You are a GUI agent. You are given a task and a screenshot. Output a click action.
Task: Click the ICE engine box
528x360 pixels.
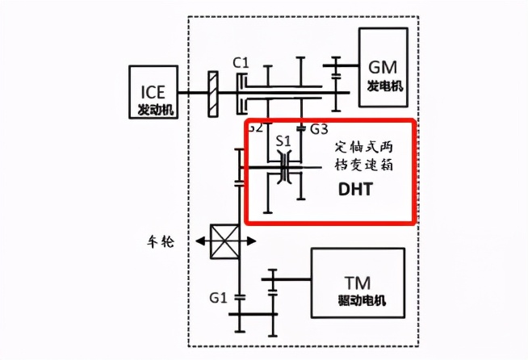coord(152,90)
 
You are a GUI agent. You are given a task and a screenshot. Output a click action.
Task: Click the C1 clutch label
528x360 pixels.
coord(240,61)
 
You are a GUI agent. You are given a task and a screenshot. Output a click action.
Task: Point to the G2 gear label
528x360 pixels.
coord(255,128)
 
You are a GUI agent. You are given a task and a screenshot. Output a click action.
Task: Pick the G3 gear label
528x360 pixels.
coord(319,128)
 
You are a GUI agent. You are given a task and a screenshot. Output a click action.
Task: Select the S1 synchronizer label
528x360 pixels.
coord(283,140)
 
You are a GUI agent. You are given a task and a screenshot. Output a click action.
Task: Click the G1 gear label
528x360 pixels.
coord(216,298)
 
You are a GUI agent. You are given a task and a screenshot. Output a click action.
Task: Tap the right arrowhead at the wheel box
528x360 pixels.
coord(252,241)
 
